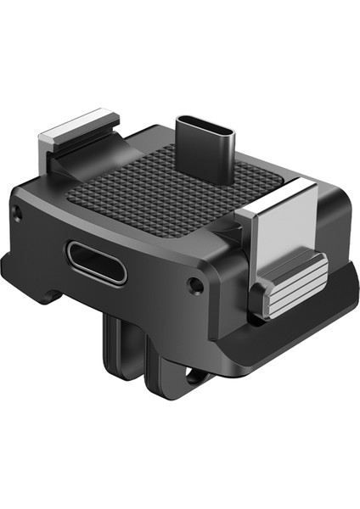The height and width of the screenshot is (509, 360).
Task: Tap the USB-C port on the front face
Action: (x=95, y=262)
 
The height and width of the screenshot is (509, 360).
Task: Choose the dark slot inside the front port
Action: (x=95, y=263)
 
